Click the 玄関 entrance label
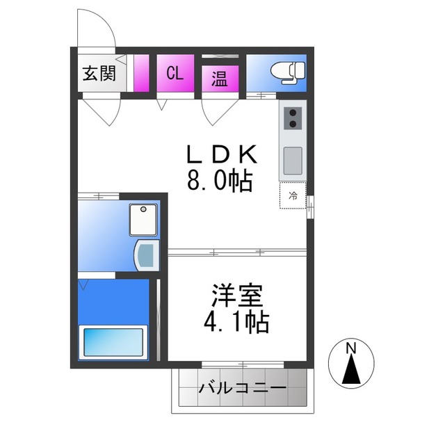[99, 74]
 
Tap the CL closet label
[175, 74]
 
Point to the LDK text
[222, 154]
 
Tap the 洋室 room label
[238, 296]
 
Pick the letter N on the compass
[352, 347]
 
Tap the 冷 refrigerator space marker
[293, 196]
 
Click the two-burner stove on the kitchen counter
[293, 118]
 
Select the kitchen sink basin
[293, 161]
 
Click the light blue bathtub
[113, 342]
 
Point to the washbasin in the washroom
[146, 254]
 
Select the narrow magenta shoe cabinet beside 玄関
[141, 73]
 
